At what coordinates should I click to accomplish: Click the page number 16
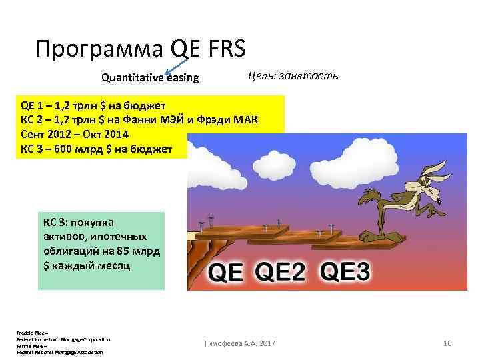point(447,343)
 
